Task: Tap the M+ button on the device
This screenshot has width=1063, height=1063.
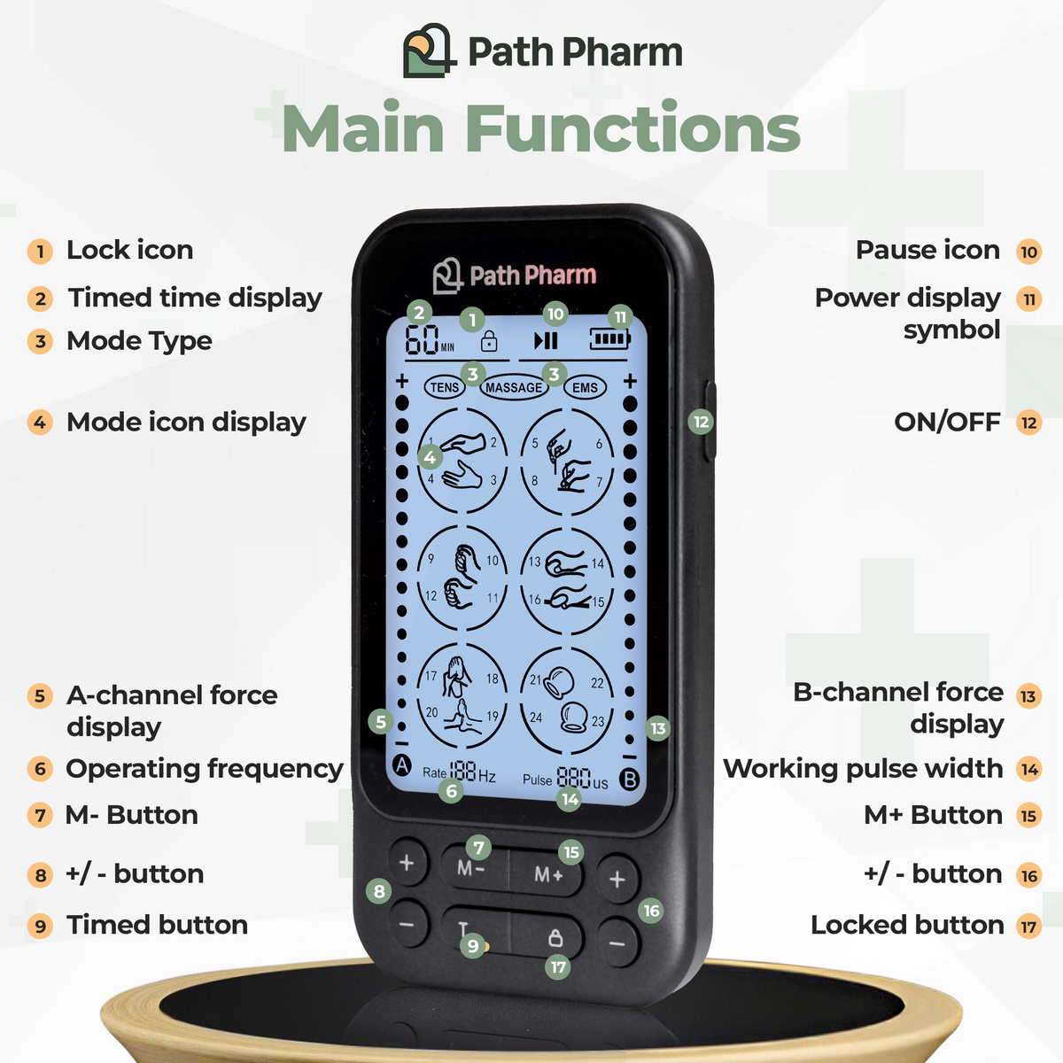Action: point(548,875)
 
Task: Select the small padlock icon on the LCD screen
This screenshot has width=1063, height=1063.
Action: point(488,341)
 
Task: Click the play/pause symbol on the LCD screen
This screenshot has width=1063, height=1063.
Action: point(546,340)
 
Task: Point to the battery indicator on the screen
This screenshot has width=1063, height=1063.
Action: point(609,338)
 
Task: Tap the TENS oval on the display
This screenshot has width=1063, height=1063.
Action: point(444,387)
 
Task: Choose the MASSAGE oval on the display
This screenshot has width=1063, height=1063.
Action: point(513,387)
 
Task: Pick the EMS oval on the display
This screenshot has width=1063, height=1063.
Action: point(585,387)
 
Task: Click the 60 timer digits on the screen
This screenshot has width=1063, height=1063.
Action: point(423,340)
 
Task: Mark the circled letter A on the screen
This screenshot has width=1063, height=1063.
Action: point(402,764)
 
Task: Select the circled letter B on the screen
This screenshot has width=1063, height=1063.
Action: point(629,780)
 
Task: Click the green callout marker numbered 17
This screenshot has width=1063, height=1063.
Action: point(558,966)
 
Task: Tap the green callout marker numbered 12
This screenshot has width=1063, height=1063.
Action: point(701,422)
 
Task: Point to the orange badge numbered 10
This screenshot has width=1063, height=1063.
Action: point(1028,252)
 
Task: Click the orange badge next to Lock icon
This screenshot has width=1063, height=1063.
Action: point(40,252)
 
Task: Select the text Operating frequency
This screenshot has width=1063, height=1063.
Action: point(204,769)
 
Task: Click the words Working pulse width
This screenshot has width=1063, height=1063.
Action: point(863,769)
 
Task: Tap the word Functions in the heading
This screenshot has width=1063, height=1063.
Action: point(632,129)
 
